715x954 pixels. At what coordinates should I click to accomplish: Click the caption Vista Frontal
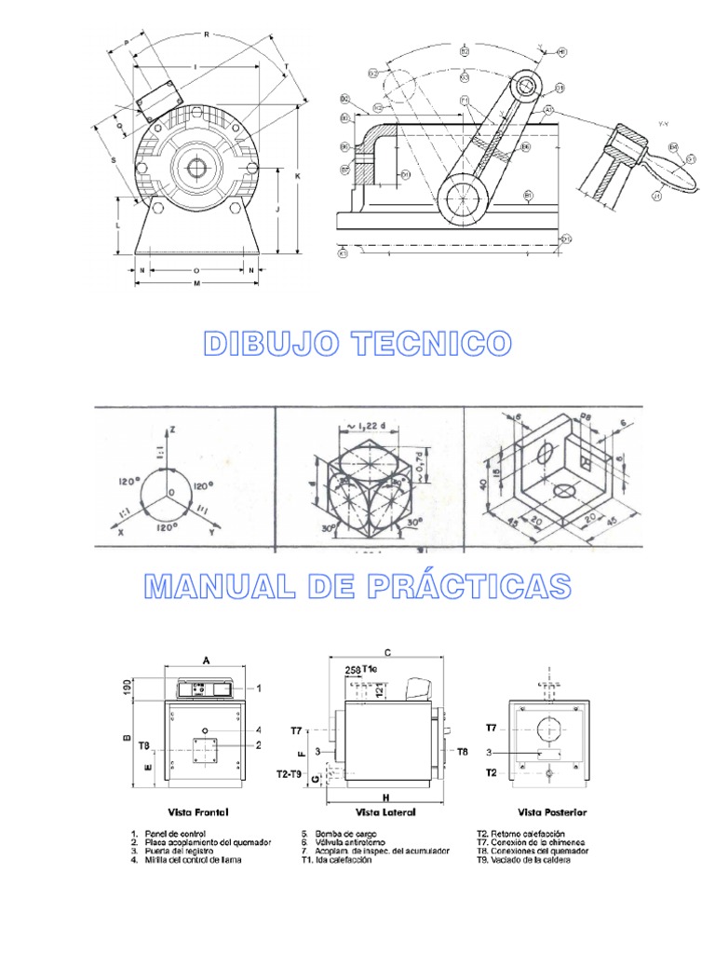click(196, 812)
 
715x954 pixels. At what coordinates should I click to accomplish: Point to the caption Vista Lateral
click(386, 812)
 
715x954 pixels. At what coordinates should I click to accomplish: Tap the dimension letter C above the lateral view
click(386, 652)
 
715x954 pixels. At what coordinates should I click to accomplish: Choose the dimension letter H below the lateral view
click(385, 797)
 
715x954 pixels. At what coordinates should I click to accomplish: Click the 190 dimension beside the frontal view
click(127, 688)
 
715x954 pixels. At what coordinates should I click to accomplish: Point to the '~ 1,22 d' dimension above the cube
click(369, 425)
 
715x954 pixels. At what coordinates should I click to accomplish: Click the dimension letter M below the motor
click(197, 283)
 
